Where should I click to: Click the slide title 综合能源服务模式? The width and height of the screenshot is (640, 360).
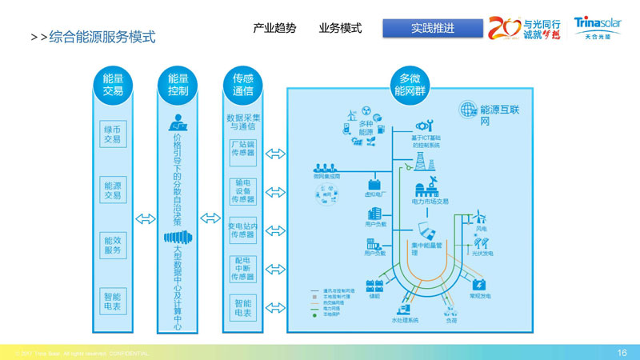point(102,37)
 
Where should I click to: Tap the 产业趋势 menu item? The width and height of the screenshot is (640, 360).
point(274,28)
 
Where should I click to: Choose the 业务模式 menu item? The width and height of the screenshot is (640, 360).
point(340,28)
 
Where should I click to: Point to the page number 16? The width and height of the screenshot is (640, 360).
point(622,352)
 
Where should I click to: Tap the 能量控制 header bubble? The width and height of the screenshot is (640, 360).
point(178,84)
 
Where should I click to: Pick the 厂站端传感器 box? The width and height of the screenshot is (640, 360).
point(243,150)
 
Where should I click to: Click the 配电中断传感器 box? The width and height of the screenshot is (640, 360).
point(243,269)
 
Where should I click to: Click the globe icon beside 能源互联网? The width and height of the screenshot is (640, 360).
point(467,110)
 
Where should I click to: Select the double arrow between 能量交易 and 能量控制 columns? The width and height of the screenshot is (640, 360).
point(146,218)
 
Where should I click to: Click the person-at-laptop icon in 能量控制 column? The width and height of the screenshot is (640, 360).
point(177,124)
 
